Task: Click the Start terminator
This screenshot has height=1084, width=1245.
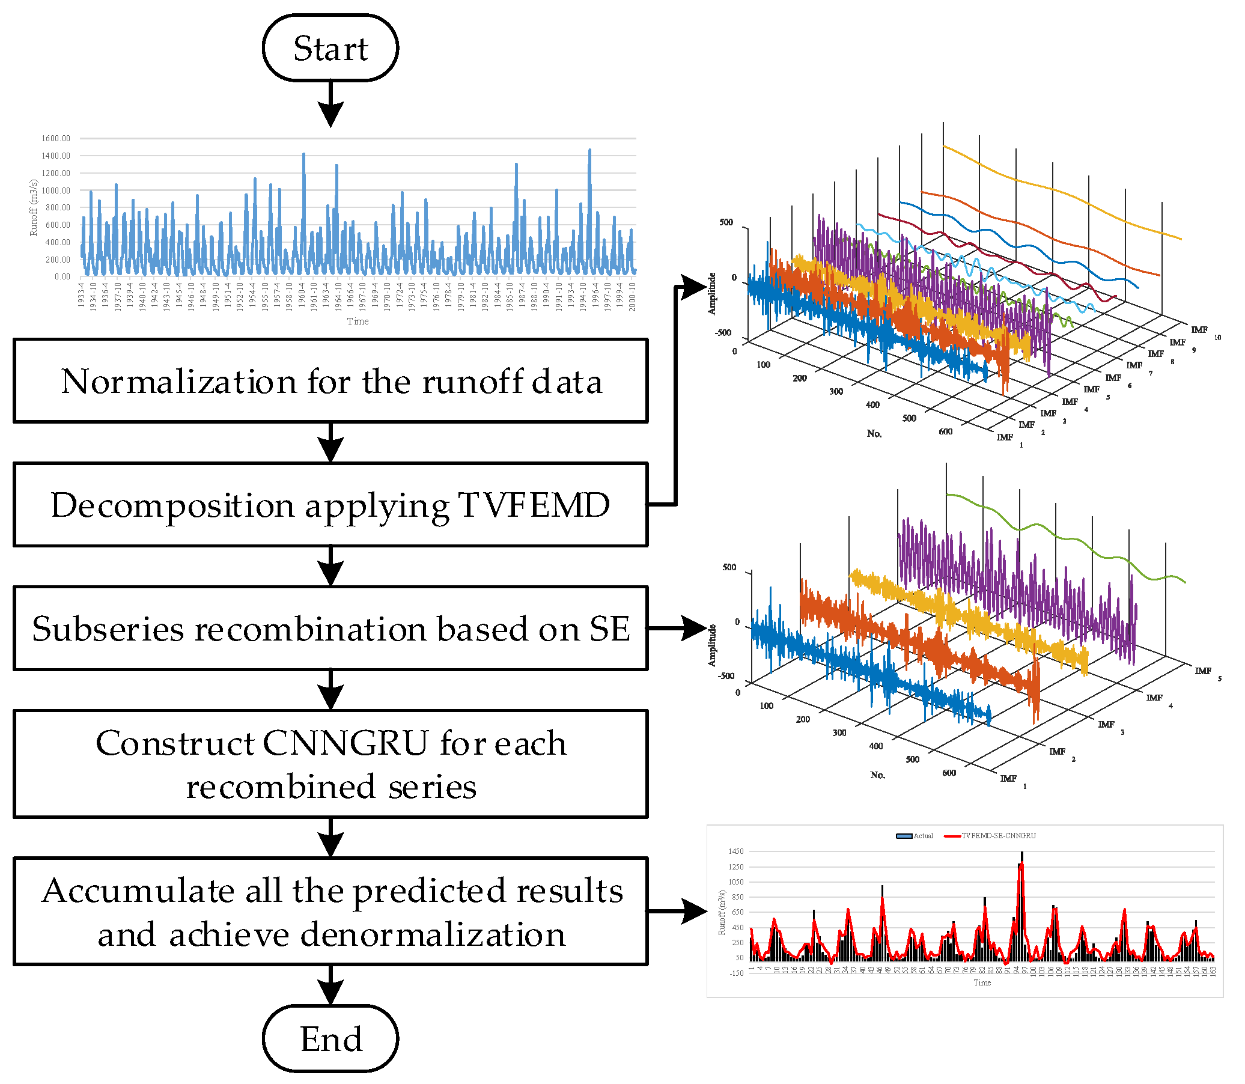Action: click(330, 49)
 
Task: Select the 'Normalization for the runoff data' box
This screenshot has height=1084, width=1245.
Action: click(330, 381)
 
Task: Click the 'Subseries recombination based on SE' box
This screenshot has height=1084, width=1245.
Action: click(330, 629)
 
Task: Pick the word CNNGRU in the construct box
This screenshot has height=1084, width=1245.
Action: click(345, 743)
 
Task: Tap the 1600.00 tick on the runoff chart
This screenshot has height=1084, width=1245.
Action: click(56, 139)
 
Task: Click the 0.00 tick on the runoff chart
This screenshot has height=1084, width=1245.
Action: click(62, 276)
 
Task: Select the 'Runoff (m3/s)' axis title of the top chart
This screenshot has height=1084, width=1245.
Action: click(34, 207)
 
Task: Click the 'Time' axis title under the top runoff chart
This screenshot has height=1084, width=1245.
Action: click(358, 321)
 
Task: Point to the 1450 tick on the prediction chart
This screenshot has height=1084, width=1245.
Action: click(735, 851)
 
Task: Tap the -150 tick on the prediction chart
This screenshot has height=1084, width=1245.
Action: click(735, 973)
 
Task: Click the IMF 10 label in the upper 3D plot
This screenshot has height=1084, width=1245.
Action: click(1204, 332)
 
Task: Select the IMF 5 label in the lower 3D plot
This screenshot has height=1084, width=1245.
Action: click(1208, 672)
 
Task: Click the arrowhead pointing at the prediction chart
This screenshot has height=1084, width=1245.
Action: click(695, 911)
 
